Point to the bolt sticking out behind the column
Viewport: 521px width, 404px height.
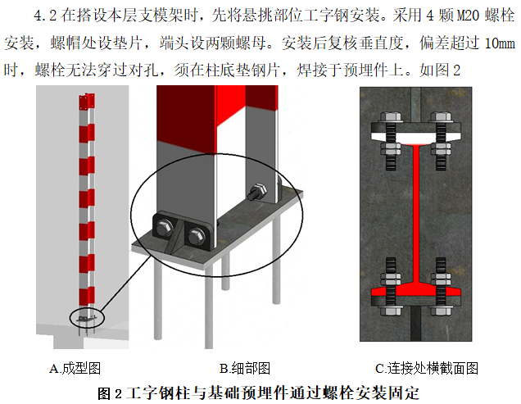(x=255, y=193)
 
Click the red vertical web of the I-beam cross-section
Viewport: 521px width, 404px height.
(x=418, y=213)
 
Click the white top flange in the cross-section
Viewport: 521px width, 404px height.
(x=418, y=131)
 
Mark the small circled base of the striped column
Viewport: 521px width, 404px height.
(x=85, y=316)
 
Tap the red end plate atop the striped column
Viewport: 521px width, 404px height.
(x=83, y=103)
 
